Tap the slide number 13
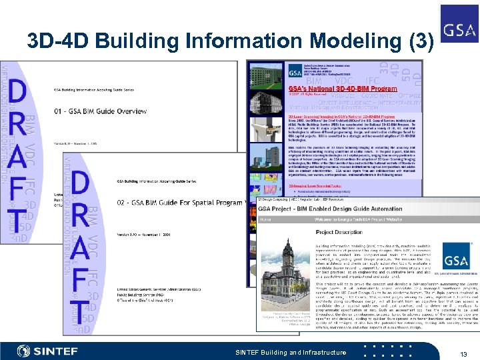[x=461, y=353]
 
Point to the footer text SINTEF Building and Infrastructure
[x=291, y=352]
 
